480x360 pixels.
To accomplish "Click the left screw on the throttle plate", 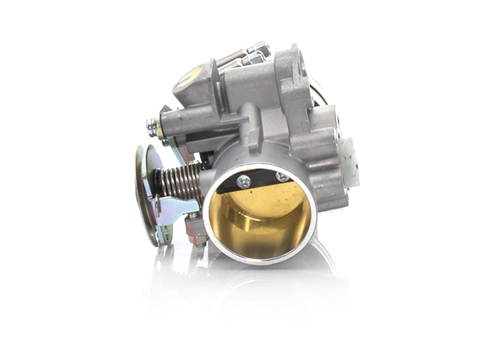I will (x=244, y=182).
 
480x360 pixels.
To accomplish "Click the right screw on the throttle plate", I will (x=282, y=177).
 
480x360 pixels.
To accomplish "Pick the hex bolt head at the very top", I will (x=258, y=50).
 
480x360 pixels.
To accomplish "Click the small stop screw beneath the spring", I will (x=194, y=230).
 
